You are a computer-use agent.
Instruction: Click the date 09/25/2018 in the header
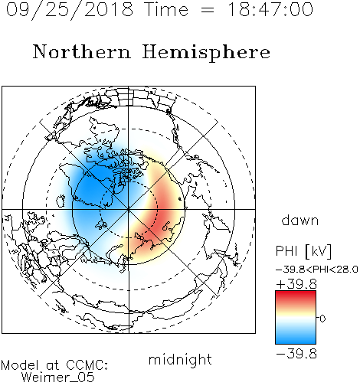(70, 10)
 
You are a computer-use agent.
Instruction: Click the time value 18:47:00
(270, 9)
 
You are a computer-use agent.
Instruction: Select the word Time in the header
(166, 9)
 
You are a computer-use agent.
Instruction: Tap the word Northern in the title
(82, 51)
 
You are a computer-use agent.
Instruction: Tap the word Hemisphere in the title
(206, 53)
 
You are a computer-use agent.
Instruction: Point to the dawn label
(300, 220)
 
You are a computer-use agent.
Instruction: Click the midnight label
(180, 360)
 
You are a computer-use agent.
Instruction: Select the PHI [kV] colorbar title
(303, 251)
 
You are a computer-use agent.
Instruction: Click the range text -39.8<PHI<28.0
(317, 270)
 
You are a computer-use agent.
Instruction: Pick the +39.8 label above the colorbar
(296, 284)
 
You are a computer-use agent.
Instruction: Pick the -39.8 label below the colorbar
(296, 354)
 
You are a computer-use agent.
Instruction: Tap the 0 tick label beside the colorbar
(322, 319)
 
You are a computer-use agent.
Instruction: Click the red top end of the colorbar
(296, 293)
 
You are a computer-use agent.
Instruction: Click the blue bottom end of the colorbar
(296, 341)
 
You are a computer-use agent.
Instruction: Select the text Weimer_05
(58, 378)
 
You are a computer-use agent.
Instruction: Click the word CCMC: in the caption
(87, 365)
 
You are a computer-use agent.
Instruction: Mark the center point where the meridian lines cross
(129, 209)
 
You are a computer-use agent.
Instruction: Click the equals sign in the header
(208, 10)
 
